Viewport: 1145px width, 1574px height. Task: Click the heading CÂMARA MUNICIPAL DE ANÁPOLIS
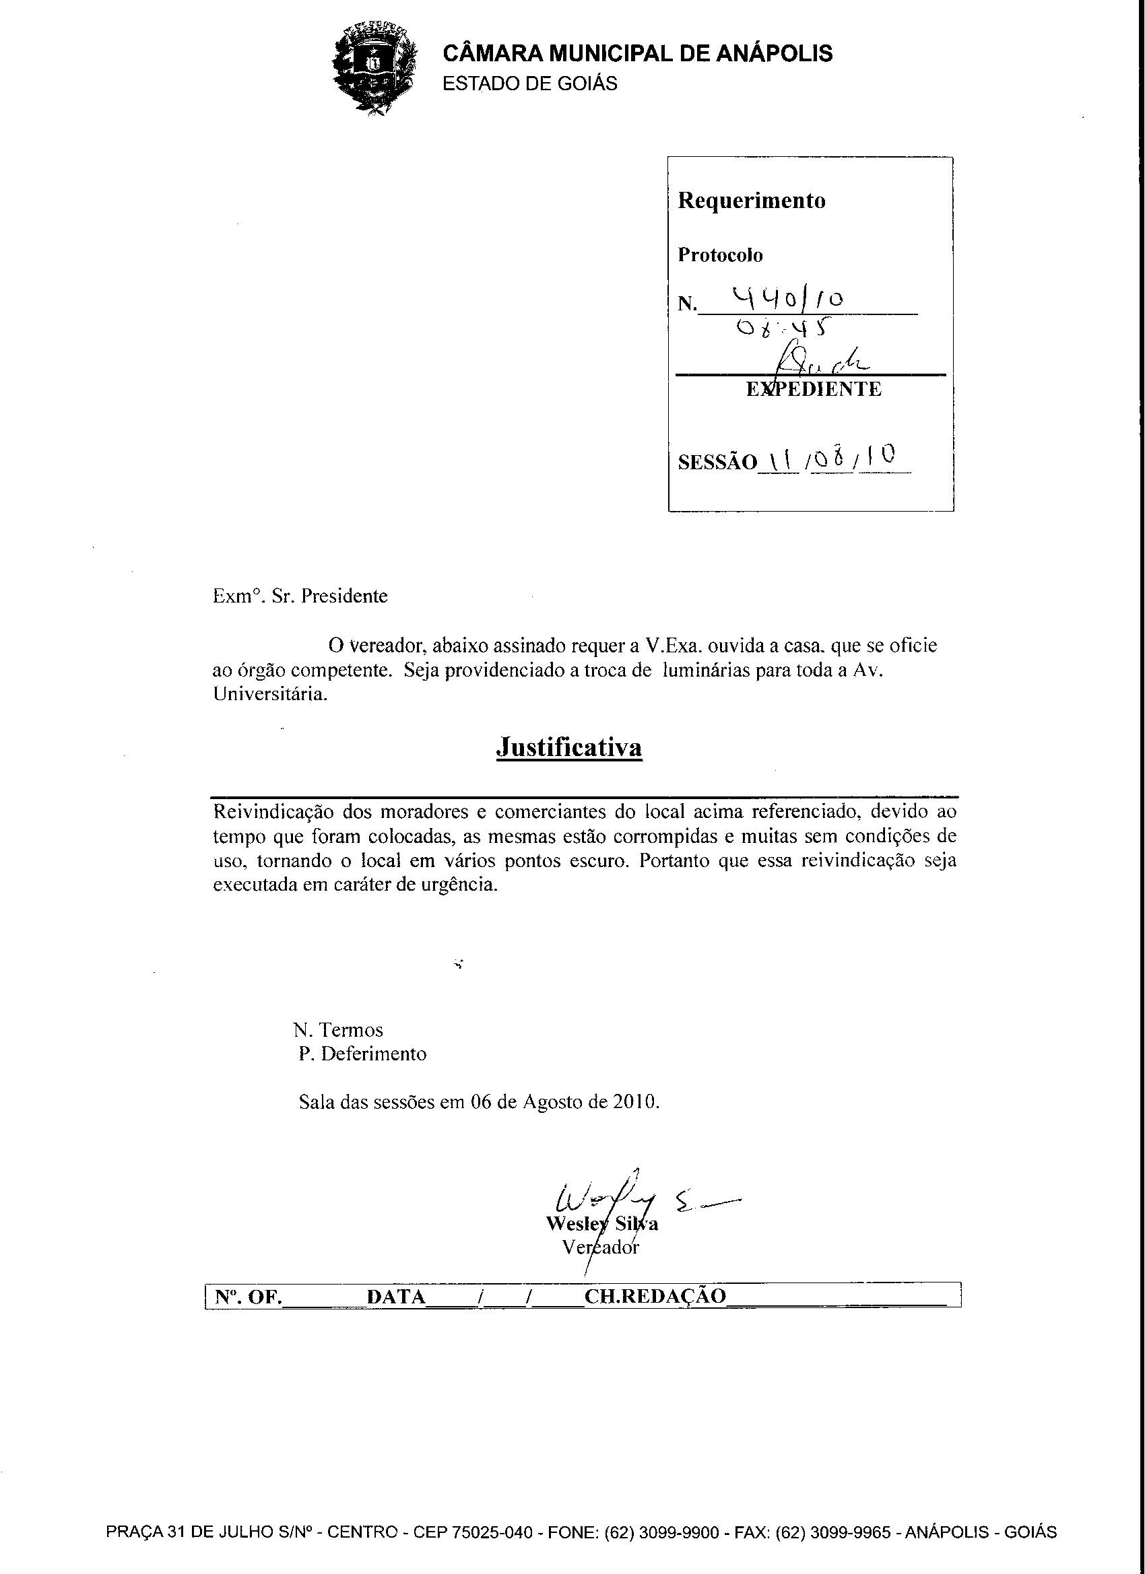coord(637,53)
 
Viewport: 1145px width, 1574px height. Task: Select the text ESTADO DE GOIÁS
coord(530,84)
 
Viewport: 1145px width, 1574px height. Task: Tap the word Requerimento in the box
coord(751,201)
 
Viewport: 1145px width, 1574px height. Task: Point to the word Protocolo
coord(720,255)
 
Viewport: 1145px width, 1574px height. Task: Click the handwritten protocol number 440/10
coord(789,300)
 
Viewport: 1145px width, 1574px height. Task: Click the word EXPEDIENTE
coord(814,389)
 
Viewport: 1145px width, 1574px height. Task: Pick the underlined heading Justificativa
coord(568,747)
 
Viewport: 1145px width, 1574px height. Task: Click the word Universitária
coord(269,695)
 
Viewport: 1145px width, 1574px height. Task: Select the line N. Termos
coord(337,1030)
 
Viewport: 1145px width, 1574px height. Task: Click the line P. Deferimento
coord(362,1054)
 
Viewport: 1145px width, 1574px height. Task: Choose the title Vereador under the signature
coord(601,1247)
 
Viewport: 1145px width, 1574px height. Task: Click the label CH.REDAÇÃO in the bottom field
coord(655,1296)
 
